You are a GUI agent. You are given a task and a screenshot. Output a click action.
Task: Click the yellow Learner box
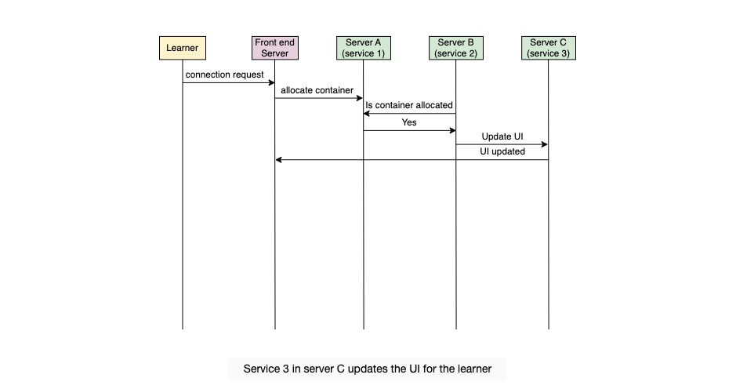tap(183, 48)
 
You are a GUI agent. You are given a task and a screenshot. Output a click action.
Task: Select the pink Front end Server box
tap(275, 48)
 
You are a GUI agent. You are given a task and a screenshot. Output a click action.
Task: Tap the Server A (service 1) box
tap(364, 48)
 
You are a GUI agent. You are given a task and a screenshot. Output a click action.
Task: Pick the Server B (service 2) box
tap(455, 48)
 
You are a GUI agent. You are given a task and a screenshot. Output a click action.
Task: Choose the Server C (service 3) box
tap(548, 48)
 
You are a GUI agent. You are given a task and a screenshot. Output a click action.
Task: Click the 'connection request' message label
tap(224, 75)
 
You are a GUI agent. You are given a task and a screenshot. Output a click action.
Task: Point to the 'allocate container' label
tap(317, 90)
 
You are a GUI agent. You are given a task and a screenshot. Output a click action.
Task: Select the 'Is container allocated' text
tap(409, 105)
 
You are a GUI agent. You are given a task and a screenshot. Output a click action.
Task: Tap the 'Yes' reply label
tap(409, 122)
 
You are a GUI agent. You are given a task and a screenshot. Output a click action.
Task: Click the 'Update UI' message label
tap(502, 136)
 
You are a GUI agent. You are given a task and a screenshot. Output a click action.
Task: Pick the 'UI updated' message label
tap(502, 151)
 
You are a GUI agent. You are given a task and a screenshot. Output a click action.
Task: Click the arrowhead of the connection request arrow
tap(271, 82)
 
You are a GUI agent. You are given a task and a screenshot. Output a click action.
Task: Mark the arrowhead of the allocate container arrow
tap(360, 98)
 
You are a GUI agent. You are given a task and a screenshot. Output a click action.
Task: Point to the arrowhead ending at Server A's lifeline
tap(367, 113)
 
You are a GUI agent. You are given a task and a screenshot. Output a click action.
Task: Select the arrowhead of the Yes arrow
tap(452, 131)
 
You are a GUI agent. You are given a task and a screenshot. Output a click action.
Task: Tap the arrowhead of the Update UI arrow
tap(545, 144)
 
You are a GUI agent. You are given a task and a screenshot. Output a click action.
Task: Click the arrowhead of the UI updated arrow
tap(279, 160)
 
